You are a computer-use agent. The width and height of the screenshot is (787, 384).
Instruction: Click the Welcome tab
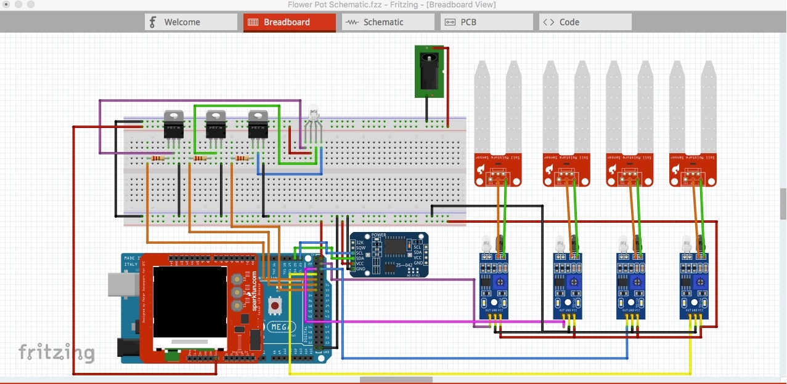(x=191, y=22)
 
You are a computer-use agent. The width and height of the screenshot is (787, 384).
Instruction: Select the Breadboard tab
(x=289, y=22)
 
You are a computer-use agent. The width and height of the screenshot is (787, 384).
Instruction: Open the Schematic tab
(x=388, y=22)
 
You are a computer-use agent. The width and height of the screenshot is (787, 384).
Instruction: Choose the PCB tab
(x=486, y=22)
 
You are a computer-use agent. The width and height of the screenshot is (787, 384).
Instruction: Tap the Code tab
(x=585, y=22)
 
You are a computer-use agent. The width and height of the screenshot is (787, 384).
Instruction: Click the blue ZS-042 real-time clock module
(x=389, y=254)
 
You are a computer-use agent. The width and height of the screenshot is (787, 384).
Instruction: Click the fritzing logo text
(x=56, y=353)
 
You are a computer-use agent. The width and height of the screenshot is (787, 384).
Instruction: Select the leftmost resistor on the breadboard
(x=158, y=159)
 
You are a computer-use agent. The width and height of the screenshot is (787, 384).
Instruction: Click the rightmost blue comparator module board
(x=694, y=286)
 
